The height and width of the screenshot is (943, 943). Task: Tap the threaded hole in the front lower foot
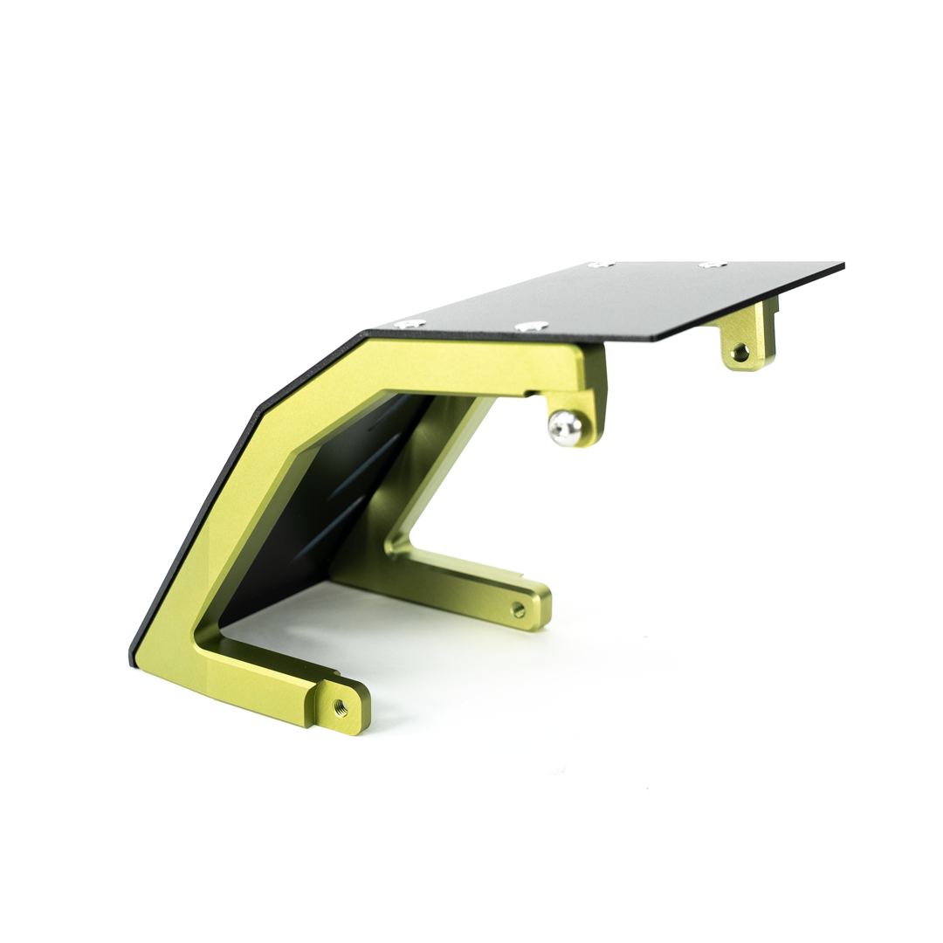click(x=341, y=708)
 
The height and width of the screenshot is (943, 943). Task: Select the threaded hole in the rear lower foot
click(x=518, y=609)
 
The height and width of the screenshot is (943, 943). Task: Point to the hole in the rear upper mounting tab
click(x=740, y=353)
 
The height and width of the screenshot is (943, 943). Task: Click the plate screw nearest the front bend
click(x=409, y=323)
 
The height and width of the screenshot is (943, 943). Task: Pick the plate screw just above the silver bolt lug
click(x=531, y=327)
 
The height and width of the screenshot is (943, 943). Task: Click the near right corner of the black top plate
click(x=657, y=340)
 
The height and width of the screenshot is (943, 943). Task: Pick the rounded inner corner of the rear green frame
click(x=392, y=545)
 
